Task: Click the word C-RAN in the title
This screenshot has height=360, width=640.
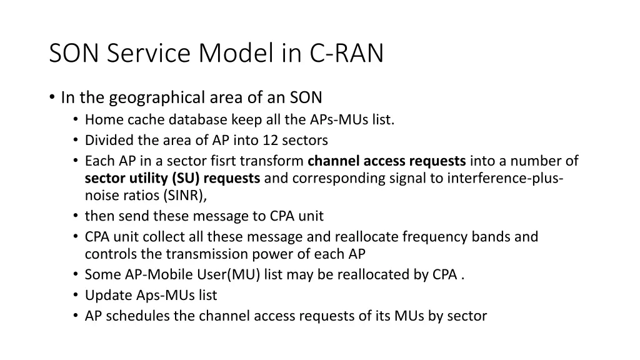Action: pos(346,54)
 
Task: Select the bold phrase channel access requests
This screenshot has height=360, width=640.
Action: pos(387,161)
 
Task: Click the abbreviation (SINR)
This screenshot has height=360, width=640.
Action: pos(184,195)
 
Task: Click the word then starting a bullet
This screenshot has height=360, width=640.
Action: pos(98,216)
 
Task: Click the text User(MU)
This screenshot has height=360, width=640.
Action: pos(231,274)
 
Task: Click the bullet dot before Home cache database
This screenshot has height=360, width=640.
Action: pos(76,120)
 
